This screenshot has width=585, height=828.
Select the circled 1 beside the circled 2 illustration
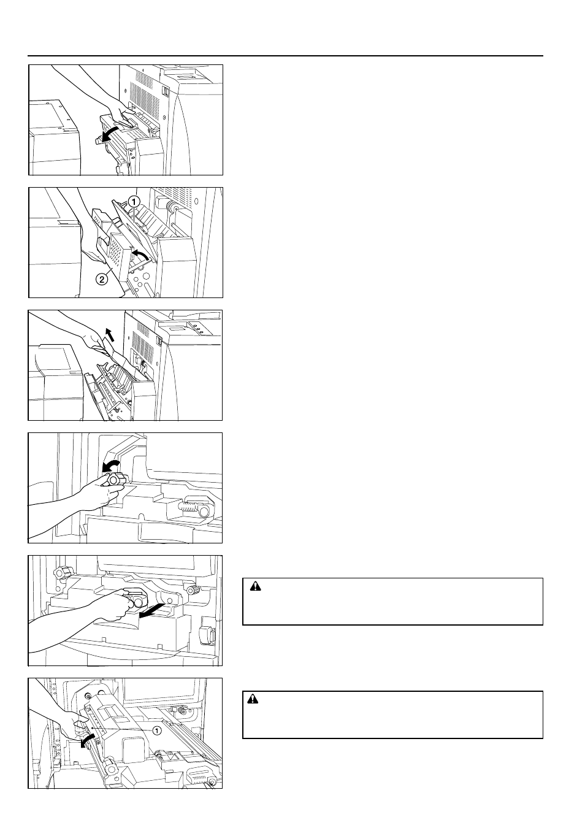[134, 202]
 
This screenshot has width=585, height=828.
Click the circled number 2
[102, 280]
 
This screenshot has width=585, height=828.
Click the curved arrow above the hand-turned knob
[110, 465]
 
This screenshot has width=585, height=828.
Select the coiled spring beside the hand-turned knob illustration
[188, 507]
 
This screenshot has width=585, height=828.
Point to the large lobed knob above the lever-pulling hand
[60, 573]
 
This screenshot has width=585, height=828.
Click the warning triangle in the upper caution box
[255, 586]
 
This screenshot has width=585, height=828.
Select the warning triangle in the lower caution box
[253, 699]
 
